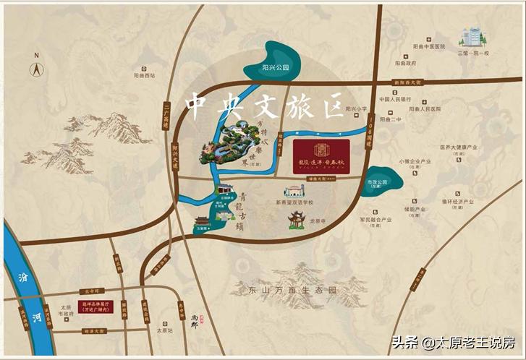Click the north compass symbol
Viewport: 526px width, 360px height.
point(35,69)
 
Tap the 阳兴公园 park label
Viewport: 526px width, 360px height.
point(276,67)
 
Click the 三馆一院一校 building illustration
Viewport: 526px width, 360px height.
point(474,37)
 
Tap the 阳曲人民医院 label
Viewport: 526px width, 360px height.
point(425,109)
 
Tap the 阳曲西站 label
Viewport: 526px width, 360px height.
point(145,75)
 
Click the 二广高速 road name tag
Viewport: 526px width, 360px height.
point(166,116)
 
